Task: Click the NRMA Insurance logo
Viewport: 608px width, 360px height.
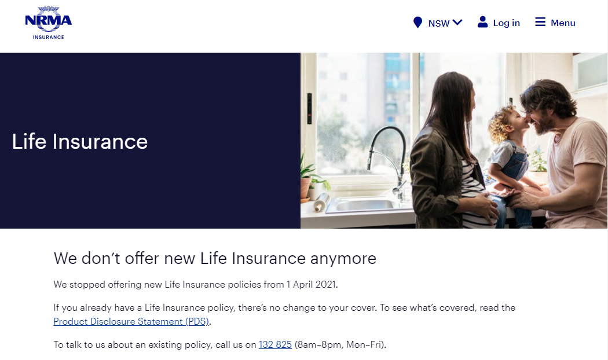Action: coord(49,23)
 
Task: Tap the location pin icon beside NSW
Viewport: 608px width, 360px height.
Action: coord(417,23)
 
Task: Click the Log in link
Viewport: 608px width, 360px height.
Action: coord(506,23)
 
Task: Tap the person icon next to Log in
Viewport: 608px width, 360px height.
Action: coord(482,22)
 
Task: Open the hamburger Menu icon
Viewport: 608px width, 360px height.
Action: coord(540,22)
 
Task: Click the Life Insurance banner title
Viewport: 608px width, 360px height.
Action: coord(80,141)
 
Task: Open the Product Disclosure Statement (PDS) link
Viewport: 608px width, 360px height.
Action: coord(131,322)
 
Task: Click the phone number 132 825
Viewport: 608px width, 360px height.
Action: coord(275,344)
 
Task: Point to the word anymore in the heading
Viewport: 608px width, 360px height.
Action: coord(343,259)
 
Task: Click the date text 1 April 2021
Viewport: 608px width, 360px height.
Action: coord(311,284)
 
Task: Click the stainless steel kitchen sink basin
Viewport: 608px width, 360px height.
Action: coord(364,205)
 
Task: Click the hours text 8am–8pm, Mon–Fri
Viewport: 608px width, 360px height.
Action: coord(339,344)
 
